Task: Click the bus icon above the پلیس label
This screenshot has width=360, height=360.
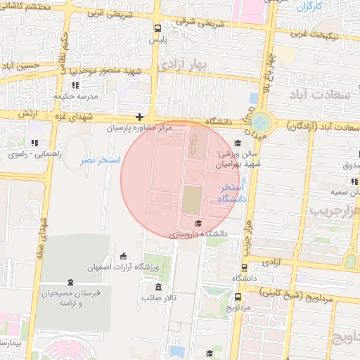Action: coord(157,29)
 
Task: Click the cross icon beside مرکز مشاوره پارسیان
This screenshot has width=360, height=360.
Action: coord(140,117)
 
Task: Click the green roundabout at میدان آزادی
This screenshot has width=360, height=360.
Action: coord(262,122)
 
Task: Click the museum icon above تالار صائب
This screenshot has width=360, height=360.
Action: coord(158,287)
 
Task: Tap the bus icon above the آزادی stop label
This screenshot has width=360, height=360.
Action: coord(244,267)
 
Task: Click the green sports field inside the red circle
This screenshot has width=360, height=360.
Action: coord(191,201)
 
